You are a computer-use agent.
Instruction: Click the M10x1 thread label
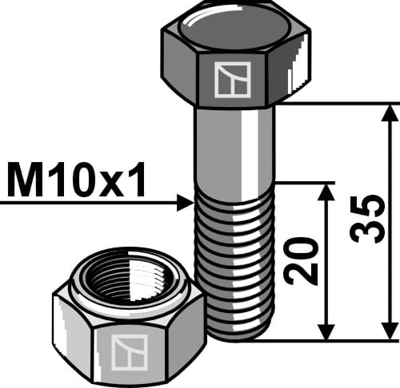point(77,181)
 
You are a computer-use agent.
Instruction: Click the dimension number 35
point(365,221)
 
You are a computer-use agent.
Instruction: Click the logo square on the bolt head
point(232,79)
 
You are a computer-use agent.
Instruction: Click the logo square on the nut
point(130,352)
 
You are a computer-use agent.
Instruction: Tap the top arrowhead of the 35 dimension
point(390,111)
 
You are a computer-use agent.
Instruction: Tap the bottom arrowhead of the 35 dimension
point(390,332)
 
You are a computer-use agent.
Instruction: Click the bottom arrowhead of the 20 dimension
point(325,332)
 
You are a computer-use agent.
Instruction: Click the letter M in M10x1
point(24,181)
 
